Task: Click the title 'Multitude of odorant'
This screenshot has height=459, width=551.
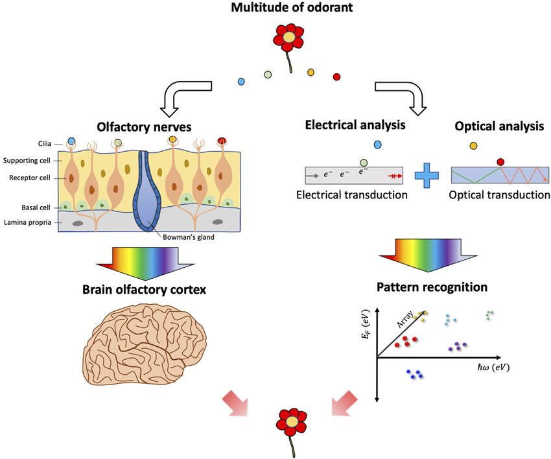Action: click(x=292, y=7)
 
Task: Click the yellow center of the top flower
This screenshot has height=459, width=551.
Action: click(x=288, y=37)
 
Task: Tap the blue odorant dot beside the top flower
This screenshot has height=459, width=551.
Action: click(x=241, y=82)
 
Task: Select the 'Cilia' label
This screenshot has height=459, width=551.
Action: click(x=45, y=143)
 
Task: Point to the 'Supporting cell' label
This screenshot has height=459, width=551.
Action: click(x=27, y=161)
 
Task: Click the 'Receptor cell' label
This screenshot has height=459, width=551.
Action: click(x=30, y=178)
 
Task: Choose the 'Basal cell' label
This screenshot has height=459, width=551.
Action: click(x=36, y=207)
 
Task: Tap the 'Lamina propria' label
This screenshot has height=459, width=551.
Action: click(x=27, y=222)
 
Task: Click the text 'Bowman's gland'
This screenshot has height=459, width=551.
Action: click(x=189, y=237)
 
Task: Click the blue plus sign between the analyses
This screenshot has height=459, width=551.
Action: click(x=427, y=176)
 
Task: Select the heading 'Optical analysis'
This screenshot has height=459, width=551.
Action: click(x=499, y=126)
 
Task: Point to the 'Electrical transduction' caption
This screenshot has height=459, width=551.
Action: click(x=352, y=194)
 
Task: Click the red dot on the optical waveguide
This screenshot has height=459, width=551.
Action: click(x=500, y=162)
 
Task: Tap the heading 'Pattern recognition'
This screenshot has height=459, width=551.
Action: click(x=432, y=287)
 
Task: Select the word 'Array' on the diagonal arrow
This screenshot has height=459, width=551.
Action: click(x=404, y=319)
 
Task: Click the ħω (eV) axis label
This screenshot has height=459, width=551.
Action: click(x=493, y=368)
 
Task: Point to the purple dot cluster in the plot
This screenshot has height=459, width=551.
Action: click(x=458, y=347)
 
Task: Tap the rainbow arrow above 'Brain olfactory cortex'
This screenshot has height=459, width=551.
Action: click(x=145, y=263)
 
